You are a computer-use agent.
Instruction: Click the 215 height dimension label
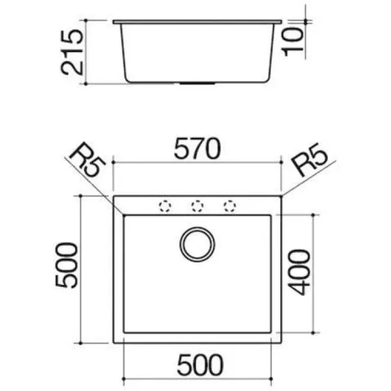[72, 52]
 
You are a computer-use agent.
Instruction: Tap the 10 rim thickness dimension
[293, 42]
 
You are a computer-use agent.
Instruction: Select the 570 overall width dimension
[197, 149]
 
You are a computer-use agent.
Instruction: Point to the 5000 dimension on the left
[66, 266]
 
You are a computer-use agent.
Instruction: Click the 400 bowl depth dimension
[299, 272]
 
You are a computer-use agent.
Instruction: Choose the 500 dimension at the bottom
[200, 365]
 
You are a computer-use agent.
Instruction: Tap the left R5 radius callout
[88, 160]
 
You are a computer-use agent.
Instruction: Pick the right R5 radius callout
[309, 159]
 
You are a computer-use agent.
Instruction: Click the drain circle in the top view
[197, 244]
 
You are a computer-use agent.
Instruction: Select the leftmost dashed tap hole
[165, 206]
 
